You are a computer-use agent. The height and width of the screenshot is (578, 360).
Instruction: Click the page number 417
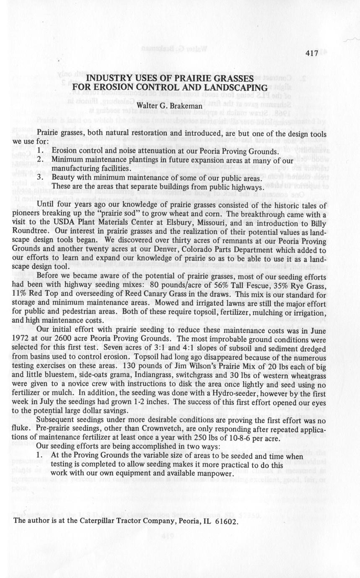(312, 54)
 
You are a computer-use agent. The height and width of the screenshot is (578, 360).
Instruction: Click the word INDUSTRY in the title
(106, 78)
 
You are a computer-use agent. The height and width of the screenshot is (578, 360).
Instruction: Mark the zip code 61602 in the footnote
(226, 522)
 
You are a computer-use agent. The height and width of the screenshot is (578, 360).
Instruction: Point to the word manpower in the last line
(211, 473)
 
